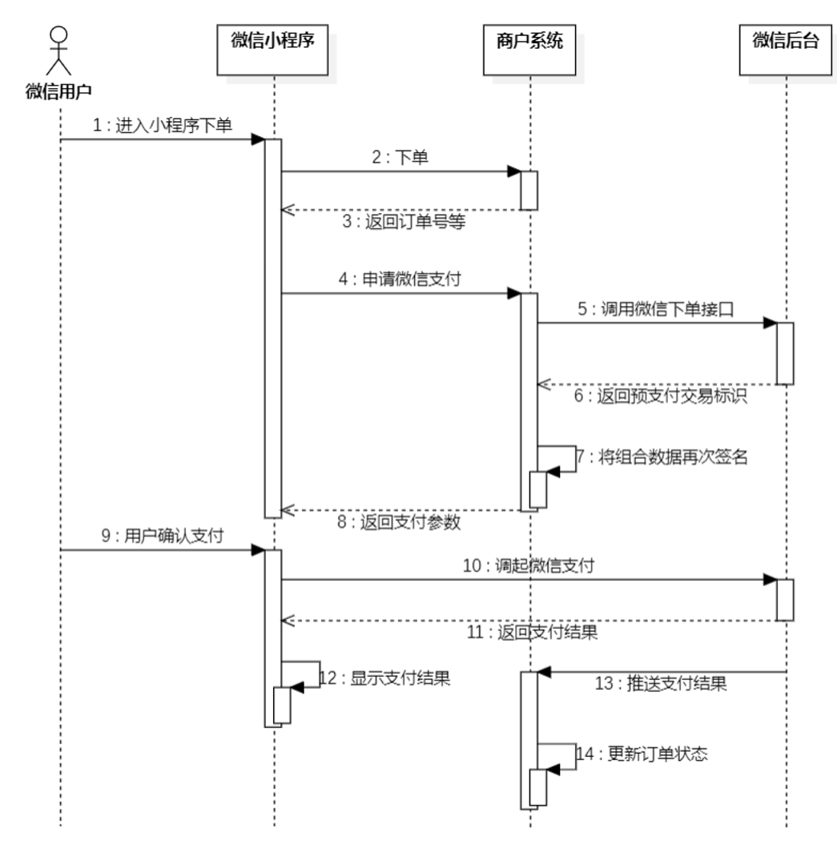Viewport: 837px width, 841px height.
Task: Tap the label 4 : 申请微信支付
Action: point(398,280)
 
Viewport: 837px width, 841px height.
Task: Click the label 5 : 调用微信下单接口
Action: point(657,310)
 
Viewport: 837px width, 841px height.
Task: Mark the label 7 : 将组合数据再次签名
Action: point(661,458)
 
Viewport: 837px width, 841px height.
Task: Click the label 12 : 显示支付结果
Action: point(385,678)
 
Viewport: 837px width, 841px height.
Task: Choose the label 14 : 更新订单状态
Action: point(642,754)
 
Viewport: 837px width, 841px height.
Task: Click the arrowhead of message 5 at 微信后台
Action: point(770,324)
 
